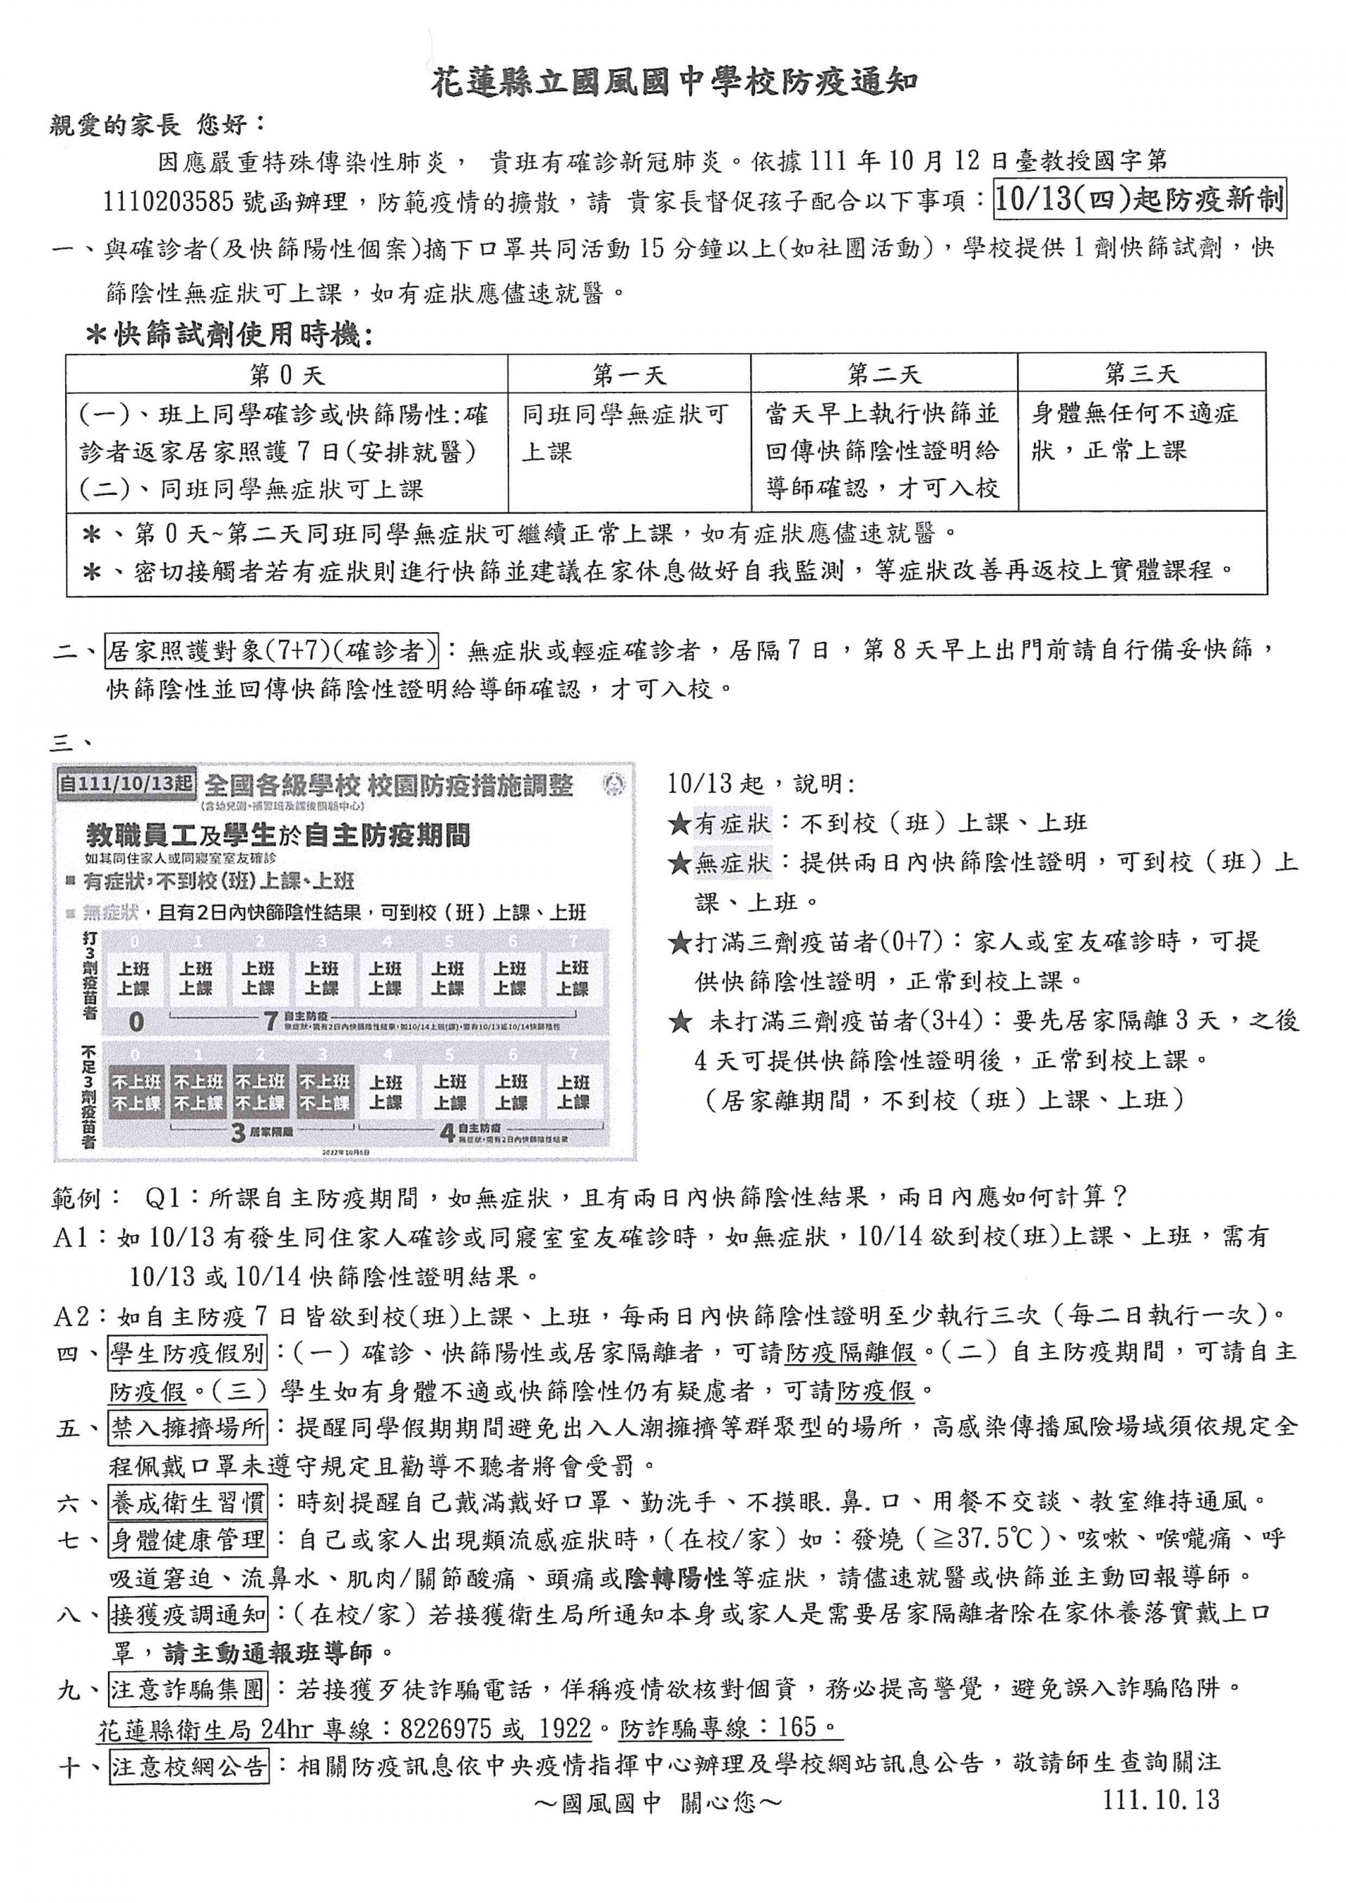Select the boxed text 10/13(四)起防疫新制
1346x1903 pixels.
click(1141, 200)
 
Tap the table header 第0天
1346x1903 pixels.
click(287, 374)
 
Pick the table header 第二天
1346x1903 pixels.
click(883, 374)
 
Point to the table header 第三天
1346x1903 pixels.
click(1141, 374)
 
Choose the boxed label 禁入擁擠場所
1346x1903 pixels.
click(187, 1428)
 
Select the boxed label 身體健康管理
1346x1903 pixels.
click(187, 1540)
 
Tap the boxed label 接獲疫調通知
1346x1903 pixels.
click(187, 1614)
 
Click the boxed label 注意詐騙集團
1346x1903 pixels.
click(187, 1689)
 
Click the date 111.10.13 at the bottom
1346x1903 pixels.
click(1162, 1799)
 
